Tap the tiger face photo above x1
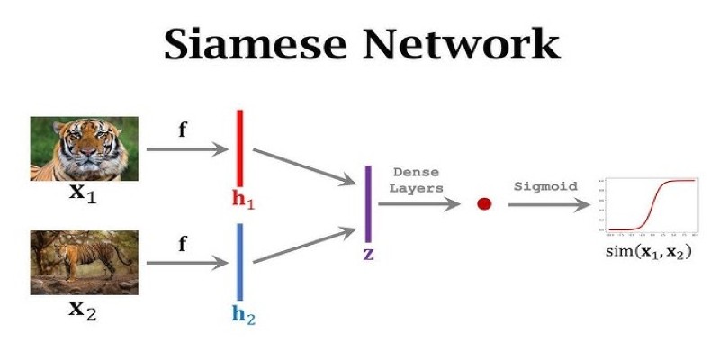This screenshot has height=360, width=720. click(85, 148)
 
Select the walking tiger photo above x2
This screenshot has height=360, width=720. click(85, 263)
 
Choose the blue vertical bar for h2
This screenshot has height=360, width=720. click(240, 262)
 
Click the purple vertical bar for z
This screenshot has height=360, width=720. click(368, 204)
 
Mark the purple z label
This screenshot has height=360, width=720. click(368, 255)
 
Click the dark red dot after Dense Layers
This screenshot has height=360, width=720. click(484, 204)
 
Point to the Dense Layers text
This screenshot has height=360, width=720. click(418, 180)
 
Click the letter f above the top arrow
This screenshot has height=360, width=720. click(183, 129)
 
